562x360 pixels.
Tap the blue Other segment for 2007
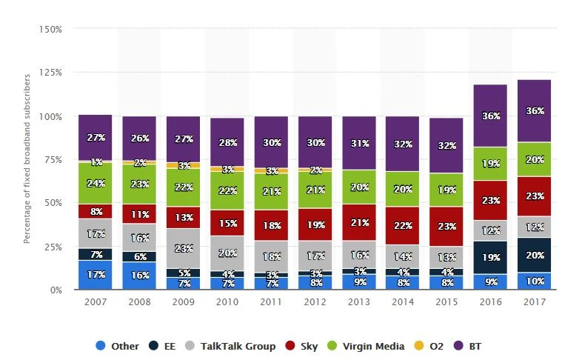96,275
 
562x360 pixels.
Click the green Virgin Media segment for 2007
96,183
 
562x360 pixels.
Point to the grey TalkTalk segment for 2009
184,248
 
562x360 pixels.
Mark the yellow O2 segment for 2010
227,169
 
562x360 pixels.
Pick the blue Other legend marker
99,346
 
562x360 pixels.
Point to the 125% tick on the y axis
50,73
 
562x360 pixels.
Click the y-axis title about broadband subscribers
27,159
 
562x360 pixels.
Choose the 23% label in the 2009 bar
184,249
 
